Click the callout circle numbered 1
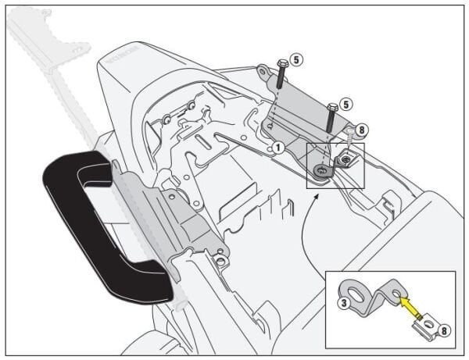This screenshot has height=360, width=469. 277,147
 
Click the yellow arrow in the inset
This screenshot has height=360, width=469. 411,311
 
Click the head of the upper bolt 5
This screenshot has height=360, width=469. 280,62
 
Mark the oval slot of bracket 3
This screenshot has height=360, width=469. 359,296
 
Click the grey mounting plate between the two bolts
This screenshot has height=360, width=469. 301,105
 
